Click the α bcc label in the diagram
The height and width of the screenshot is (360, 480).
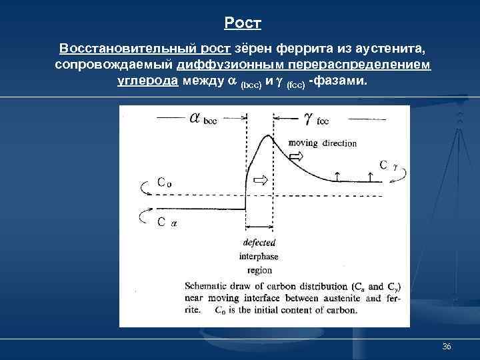(203, 119)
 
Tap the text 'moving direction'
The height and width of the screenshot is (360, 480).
(323, 143)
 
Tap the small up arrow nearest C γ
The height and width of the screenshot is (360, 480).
(370, 175)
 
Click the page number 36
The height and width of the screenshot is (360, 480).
(447, 347)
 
